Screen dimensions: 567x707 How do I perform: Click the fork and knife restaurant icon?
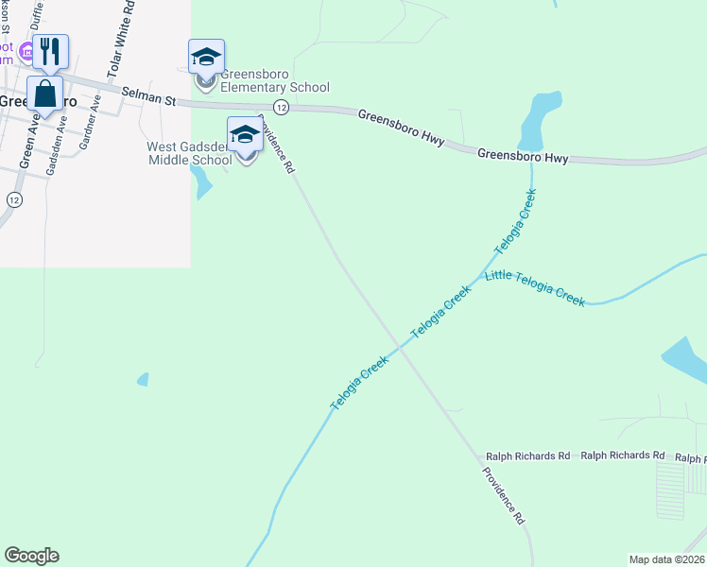click(50, 51)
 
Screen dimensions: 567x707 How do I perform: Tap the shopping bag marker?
click(44, 94)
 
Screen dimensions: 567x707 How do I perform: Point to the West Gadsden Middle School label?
click(189, 153)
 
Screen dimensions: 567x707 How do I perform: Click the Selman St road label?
click(149, 94)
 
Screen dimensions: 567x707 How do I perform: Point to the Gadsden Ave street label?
click(57, 136)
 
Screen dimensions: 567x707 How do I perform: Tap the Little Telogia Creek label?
click(535, 288)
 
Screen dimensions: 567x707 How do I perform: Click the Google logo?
click(31, 556)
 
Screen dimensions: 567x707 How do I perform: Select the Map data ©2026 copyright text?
click(666, 558)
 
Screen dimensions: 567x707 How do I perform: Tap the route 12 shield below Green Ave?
click(13, 199)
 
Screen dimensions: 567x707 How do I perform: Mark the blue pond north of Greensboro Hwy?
click(542, 118)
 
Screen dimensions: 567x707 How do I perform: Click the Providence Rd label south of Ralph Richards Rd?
click(503, 495)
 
